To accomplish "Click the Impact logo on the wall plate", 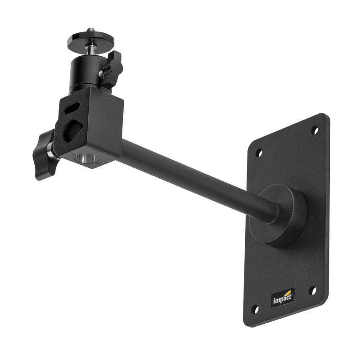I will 283,298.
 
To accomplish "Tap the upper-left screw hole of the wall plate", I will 259,153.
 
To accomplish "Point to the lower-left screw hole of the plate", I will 255,310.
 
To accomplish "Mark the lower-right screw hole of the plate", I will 313,291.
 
